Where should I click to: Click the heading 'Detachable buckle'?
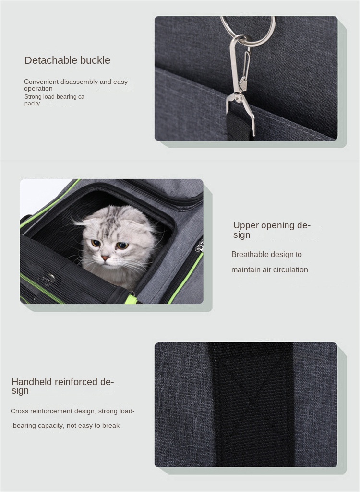pos(67,60)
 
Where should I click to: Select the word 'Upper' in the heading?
pos(245,225)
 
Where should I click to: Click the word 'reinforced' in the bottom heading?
pos(76,382)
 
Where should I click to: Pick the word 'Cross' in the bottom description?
pos(19,411)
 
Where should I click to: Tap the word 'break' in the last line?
pos(110,426)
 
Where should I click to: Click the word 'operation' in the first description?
pos(38,89)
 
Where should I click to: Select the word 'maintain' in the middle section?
pos(245,270)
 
